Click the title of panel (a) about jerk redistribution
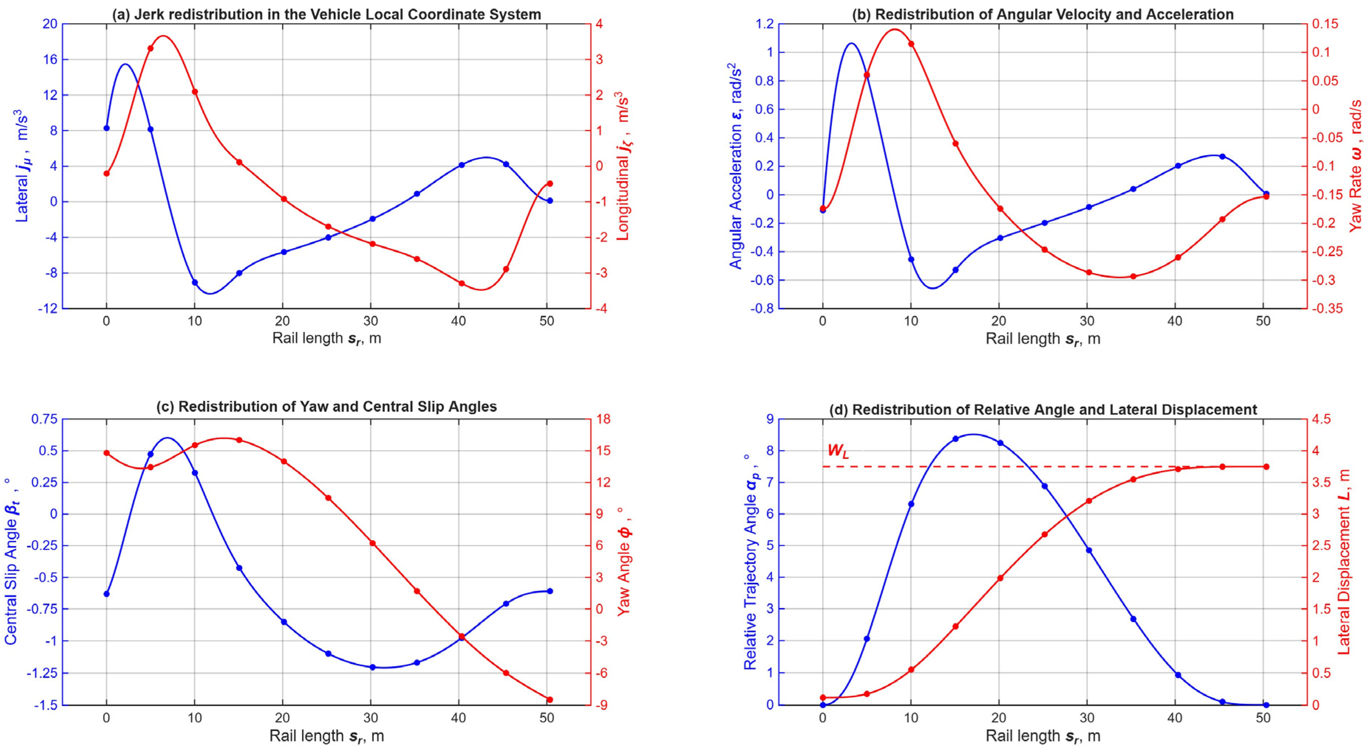[327, 14]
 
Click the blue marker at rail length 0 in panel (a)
[106, 128]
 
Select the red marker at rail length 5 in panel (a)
[150, 48]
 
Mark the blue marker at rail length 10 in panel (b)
[911, 260]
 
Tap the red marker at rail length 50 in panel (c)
[550, 699]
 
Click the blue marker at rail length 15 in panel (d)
[955, 439]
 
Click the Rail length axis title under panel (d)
[1043, 736]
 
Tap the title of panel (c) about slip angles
[327, 407]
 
